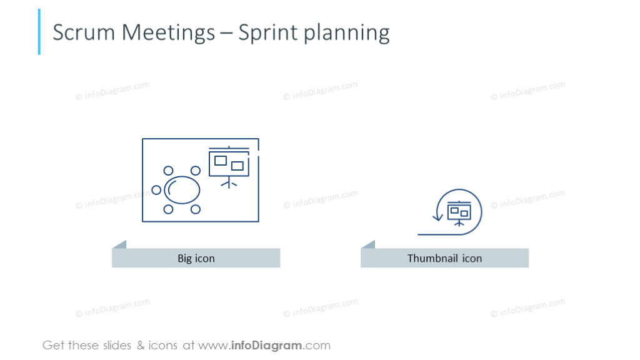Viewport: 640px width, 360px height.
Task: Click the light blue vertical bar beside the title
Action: pos(39,32)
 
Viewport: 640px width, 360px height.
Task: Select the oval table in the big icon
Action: pos(182,189)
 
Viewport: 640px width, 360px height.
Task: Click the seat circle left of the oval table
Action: pos(156,190)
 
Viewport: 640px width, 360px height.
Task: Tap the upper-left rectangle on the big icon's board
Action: pos(220,161)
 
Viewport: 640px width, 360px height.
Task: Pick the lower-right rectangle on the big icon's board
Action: pos(237,166)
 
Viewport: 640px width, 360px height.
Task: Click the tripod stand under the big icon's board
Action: pos(229,182)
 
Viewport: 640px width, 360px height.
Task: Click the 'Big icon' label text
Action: pos(196,258)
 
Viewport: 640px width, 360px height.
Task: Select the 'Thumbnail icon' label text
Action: pos(444,258)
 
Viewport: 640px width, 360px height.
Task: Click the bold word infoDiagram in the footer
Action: pos(267,345)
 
